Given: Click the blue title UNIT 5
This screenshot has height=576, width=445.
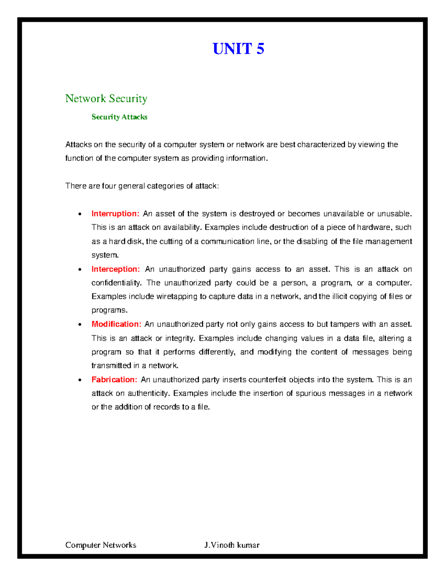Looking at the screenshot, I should tap(238, 49).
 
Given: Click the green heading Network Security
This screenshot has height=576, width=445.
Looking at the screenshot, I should tap(106, 98).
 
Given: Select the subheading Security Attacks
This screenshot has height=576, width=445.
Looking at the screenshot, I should tap(119, 117).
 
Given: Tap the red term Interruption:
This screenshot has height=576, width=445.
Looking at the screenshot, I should tap(115, 214).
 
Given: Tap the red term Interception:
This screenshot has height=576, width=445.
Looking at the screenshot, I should tap(116, 269).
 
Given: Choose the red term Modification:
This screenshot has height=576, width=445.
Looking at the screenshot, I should tap(116, 324).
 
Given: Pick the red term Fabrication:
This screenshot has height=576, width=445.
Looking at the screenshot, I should tap(115, 379).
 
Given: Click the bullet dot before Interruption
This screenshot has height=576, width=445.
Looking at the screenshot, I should tap(80, 214).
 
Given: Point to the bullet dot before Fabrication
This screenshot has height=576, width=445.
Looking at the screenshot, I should tap(80, 380).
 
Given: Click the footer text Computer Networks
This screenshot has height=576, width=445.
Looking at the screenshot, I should tap(100, 545).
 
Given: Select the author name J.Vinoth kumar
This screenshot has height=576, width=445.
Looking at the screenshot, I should tap(232, 545).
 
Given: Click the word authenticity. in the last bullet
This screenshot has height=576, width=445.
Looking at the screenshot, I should tap(148, 393).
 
